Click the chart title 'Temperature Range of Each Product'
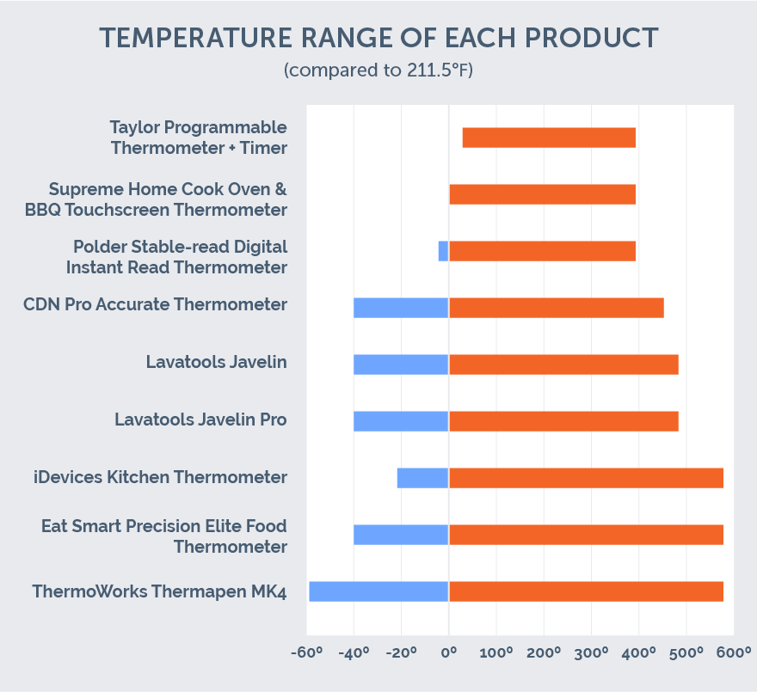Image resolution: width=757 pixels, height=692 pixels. [x=378, y=39]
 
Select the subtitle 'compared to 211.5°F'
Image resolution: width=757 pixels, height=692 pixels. [x=378, y=70]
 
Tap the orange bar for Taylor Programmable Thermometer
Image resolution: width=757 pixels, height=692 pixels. [x=549, y=138]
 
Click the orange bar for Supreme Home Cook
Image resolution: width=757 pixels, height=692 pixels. [x=542, y=194]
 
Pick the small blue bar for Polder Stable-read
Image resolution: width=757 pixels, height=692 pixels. [x=443, y=251]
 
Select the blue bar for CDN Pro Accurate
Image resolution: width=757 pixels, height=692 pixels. [x=401, y=308]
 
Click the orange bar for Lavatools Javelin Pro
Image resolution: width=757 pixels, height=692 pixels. [x=563, y=421]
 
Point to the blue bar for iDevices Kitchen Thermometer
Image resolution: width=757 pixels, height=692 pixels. [x=422, y=478]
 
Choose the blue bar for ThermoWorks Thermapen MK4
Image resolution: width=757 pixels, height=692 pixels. [x=378, y=591]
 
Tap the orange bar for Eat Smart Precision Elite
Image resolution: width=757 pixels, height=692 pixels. [x=586, y=535]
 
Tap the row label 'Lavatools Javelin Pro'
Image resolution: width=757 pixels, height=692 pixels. [x=200, y=420]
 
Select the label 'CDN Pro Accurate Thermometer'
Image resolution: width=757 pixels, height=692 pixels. [x=155, y=304]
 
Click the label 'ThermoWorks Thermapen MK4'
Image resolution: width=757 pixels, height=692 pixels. [x=159, y=592]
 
